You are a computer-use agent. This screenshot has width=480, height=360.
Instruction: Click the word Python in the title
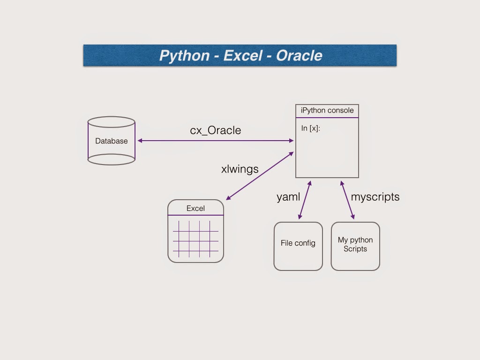184,55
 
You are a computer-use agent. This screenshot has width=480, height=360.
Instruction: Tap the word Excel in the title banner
242,55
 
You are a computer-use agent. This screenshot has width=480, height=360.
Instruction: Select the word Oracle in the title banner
299,55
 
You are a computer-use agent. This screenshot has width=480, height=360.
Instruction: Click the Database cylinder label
112,141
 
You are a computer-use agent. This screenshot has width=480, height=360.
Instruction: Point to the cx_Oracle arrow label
216,130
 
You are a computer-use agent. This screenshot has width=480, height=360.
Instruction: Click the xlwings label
240,169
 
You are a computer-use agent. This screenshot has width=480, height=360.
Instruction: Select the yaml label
288,197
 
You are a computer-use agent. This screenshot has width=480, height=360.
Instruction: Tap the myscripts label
375,197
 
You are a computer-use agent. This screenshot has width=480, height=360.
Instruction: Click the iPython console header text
327,111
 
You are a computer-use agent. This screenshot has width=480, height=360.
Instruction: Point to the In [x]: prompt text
311,128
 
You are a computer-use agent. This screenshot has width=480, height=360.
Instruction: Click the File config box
298,246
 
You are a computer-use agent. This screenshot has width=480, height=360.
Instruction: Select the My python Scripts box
355,246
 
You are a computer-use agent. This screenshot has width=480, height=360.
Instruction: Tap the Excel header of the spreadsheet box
195,209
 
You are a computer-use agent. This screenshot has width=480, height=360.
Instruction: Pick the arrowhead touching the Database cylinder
140,141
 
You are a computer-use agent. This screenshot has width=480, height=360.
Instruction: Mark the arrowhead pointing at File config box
300,217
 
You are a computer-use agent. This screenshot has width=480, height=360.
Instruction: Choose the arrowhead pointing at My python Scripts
352,217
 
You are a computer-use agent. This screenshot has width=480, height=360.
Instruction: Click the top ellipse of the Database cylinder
111,122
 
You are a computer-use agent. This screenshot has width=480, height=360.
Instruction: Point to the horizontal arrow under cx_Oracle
216,141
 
